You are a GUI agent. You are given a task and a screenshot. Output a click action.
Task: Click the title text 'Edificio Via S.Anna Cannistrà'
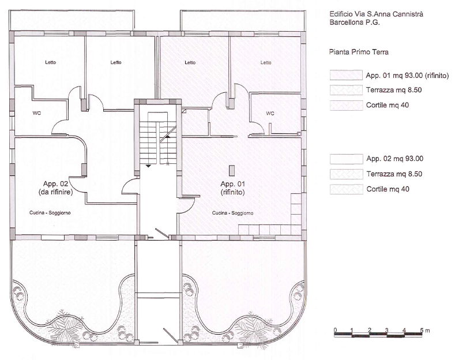(x=375, y=14)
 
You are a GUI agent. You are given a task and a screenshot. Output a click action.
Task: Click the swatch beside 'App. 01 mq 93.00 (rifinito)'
(x=344, y=76)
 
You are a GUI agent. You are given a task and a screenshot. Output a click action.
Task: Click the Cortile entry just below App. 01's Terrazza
(x=388, y=105)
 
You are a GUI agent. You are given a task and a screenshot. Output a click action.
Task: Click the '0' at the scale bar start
(x=335, y=330)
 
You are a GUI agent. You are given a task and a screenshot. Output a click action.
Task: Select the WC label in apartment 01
(x=270, y=113)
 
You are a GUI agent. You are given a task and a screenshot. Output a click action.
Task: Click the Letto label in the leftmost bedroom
(x=51, y=63)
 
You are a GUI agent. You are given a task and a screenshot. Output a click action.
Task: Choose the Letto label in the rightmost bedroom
(x=265, y=63)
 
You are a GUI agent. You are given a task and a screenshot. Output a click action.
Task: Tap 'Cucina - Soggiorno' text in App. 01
(x=232, y=213)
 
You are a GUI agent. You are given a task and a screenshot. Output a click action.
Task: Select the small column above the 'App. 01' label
(x=232, y=170)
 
